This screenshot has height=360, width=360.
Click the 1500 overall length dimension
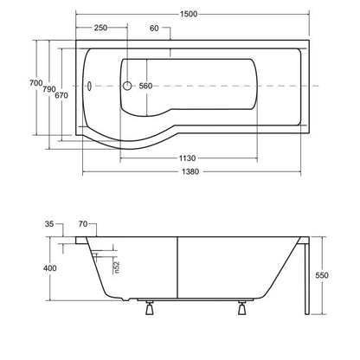189,14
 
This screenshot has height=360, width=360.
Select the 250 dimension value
100,28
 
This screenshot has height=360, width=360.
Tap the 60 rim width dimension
154,29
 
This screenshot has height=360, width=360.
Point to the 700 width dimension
36,83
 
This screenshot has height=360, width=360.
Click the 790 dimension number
49,89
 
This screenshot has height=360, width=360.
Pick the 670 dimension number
61,95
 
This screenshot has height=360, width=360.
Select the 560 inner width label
145,86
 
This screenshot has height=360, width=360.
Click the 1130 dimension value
187,158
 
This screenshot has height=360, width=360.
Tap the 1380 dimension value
190,172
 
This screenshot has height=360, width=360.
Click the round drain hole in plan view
127,86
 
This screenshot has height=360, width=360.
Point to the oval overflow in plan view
89,86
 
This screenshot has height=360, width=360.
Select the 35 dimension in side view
49,224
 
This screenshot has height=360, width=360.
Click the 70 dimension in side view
83,224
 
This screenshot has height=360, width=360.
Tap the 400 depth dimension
50,268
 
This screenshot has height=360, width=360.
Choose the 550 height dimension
322,275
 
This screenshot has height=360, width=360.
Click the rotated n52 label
116,267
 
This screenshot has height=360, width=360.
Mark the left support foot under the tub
150,307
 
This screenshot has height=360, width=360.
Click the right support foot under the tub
241,307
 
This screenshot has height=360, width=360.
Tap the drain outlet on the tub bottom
125,299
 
